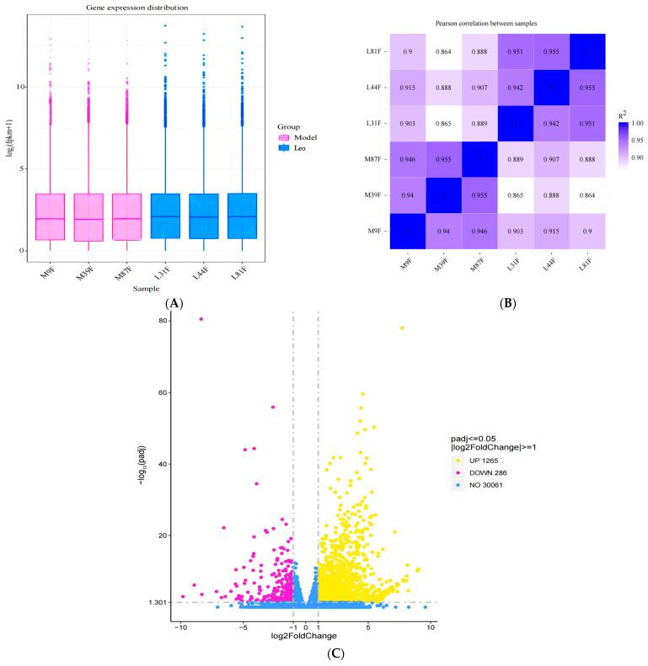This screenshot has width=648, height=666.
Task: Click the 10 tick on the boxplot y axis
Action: tap(25, 87)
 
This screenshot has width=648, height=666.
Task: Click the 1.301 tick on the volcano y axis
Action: tap(157, 602)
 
